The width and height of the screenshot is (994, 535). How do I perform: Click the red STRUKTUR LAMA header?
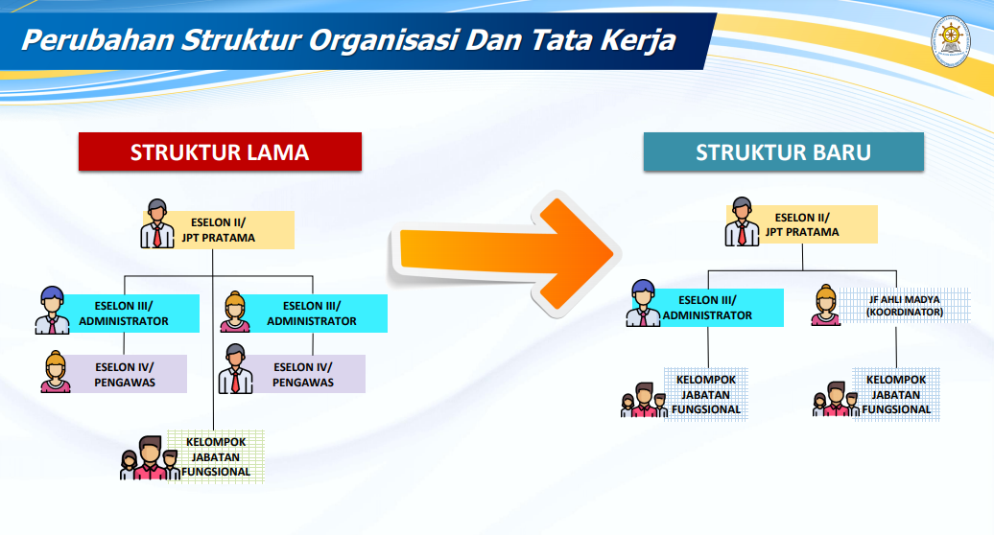tap(220, 151)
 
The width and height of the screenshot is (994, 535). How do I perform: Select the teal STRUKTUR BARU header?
tap(783, 151)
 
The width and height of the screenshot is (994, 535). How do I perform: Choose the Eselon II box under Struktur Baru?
tap(807, 224)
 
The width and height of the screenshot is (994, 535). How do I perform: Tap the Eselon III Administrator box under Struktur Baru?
tap(707, 308)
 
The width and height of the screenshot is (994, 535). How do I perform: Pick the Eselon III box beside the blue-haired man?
tap(124, 314)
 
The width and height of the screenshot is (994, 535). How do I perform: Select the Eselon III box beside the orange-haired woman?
tap(312, 314)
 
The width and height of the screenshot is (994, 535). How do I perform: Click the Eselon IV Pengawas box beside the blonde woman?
tap(125, 374)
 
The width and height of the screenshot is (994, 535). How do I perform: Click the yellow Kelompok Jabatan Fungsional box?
tap(216, 456)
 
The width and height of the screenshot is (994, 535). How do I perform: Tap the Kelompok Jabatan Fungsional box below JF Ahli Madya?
tap(897, 394)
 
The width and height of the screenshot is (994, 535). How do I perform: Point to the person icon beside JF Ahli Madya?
tap(824, 305)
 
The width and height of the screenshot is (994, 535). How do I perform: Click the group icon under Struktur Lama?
tap(149, 457)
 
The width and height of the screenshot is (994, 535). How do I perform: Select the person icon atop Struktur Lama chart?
tap(157, 223)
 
